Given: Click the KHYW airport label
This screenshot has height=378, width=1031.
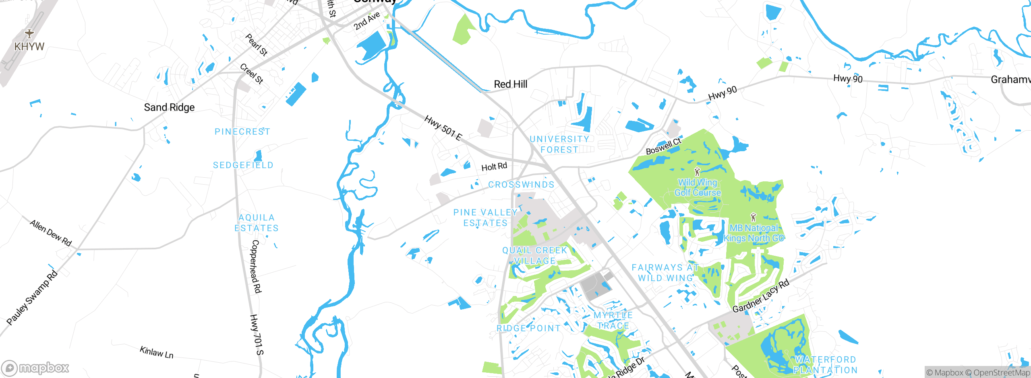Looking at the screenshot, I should click(29, 47).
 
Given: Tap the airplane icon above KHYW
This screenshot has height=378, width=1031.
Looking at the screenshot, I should click(29, 33).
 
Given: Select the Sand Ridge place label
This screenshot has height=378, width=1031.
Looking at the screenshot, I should click(169, 107).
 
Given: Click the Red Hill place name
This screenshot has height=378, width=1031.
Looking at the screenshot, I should click(510, 84).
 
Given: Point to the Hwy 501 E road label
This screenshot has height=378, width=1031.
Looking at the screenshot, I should click(443, 128).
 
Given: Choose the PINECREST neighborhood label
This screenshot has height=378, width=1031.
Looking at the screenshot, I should click(242, 132).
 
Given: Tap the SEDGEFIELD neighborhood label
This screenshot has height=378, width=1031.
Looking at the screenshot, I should click(243, 165).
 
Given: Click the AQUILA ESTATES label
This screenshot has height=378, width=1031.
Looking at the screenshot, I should click(257, 223).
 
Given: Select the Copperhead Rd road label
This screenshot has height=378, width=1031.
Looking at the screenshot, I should click(256, 266).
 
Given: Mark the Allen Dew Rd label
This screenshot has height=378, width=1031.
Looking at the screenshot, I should click(51, 233).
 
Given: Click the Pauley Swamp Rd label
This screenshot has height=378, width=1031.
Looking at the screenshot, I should click(32, 298).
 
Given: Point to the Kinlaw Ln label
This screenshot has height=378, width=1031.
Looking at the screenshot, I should click(157, 352).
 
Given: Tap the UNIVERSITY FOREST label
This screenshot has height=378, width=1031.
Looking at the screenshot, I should click(559, 144).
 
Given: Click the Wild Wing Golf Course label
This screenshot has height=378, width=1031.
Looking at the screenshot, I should click(698, 188).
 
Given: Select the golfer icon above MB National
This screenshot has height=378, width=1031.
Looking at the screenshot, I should click(753, 218).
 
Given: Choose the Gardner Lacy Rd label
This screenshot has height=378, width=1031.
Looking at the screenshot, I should click(761, 296).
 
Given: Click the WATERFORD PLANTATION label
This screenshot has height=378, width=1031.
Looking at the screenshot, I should click(825, 365).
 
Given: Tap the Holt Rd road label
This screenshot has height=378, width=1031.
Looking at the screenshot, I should click(494, 166).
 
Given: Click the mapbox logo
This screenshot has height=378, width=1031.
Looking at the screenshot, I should click(35, 368).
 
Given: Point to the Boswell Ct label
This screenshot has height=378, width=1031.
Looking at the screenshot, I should click(663, 146).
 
